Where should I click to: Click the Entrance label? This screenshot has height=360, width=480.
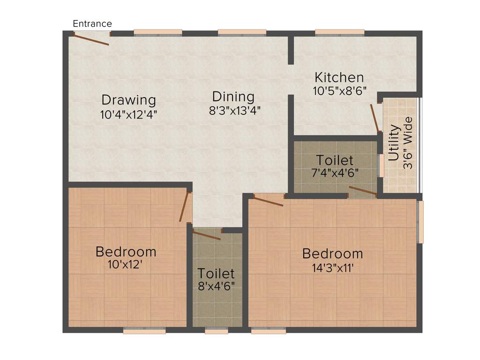point(92,23)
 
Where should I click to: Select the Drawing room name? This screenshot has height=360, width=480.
point(128,100)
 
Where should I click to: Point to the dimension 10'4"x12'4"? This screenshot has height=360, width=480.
point(128,114)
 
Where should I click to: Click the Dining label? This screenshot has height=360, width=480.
point(233,97)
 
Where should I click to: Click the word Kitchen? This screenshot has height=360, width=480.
point(339,77)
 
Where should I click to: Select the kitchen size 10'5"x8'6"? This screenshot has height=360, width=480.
point(339,90)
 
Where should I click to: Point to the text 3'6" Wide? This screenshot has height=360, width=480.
point(408,146)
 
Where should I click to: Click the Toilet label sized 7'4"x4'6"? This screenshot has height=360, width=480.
point(334,160)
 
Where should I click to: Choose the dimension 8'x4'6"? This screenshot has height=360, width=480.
point(216,285)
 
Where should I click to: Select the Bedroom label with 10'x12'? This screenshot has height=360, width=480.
point(126,252)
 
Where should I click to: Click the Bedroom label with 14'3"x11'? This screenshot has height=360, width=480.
point(332,254)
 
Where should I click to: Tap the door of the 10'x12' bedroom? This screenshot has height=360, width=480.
point(184,207)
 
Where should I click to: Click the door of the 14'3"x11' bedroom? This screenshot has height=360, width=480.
point(269,200)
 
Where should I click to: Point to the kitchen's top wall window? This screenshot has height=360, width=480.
point(340,32)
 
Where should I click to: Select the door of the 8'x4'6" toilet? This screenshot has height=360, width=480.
point(206,235)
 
